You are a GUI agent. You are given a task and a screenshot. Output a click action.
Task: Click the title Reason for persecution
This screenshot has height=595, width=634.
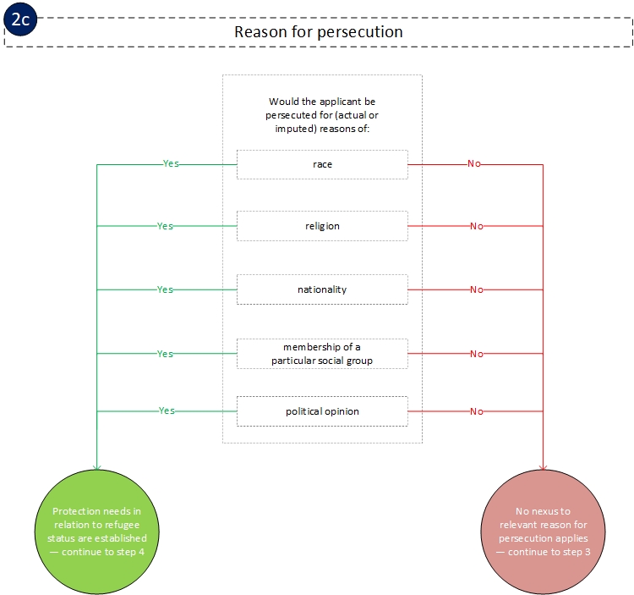[x=318, y=31]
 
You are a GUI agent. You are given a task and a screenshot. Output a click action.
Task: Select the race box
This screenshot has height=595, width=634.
[x=322, y=164]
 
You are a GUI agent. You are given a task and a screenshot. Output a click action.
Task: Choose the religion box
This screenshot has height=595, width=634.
[x=322, y=226]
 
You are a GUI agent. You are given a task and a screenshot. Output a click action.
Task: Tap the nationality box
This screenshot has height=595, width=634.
[x=322, y=289]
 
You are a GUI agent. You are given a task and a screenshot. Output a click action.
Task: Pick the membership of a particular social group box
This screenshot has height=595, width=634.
[x=322, y=354]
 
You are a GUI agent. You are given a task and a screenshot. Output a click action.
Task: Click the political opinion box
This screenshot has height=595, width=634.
[x=322, y=411]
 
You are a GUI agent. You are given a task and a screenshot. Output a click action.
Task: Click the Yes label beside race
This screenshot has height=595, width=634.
[x=171, y=163]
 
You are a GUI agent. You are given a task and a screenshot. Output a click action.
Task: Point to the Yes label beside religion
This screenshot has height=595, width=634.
[x=165, y=226]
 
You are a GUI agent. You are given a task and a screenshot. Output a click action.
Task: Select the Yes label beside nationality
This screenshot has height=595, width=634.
[x=165, y=289]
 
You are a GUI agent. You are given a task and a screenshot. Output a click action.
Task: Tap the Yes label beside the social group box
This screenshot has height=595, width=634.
[x=165, y=354]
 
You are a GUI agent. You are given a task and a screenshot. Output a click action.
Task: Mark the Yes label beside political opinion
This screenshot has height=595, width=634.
[x=167, y=410]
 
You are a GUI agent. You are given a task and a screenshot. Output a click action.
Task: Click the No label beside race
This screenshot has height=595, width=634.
[x=473, y=163]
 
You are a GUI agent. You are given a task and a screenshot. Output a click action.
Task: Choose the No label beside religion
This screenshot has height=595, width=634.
[x=477, y=226]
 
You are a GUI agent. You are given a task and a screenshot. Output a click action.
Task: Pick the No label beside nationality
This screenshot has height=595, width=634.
[x=477, y=289]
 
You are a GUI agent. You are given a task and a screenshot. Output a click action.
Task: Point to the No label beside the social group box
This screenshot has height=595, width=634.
[x=477, y=354]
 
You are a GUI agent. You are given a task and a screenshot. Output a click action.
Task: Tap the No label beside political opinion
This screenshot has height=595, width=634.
[x=477, y=411]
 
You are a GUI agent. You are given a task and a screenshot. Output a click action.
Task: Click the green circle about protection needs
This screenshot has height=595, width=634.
[x=99, y=531]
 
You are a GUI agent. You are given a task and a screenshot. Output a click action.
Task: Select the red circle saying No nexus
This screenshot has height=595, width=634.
[x=543, y=531]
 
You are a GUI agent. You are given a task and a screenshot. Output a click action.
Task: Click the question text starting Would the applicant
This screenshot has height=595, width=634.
[x=322, y=114]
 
